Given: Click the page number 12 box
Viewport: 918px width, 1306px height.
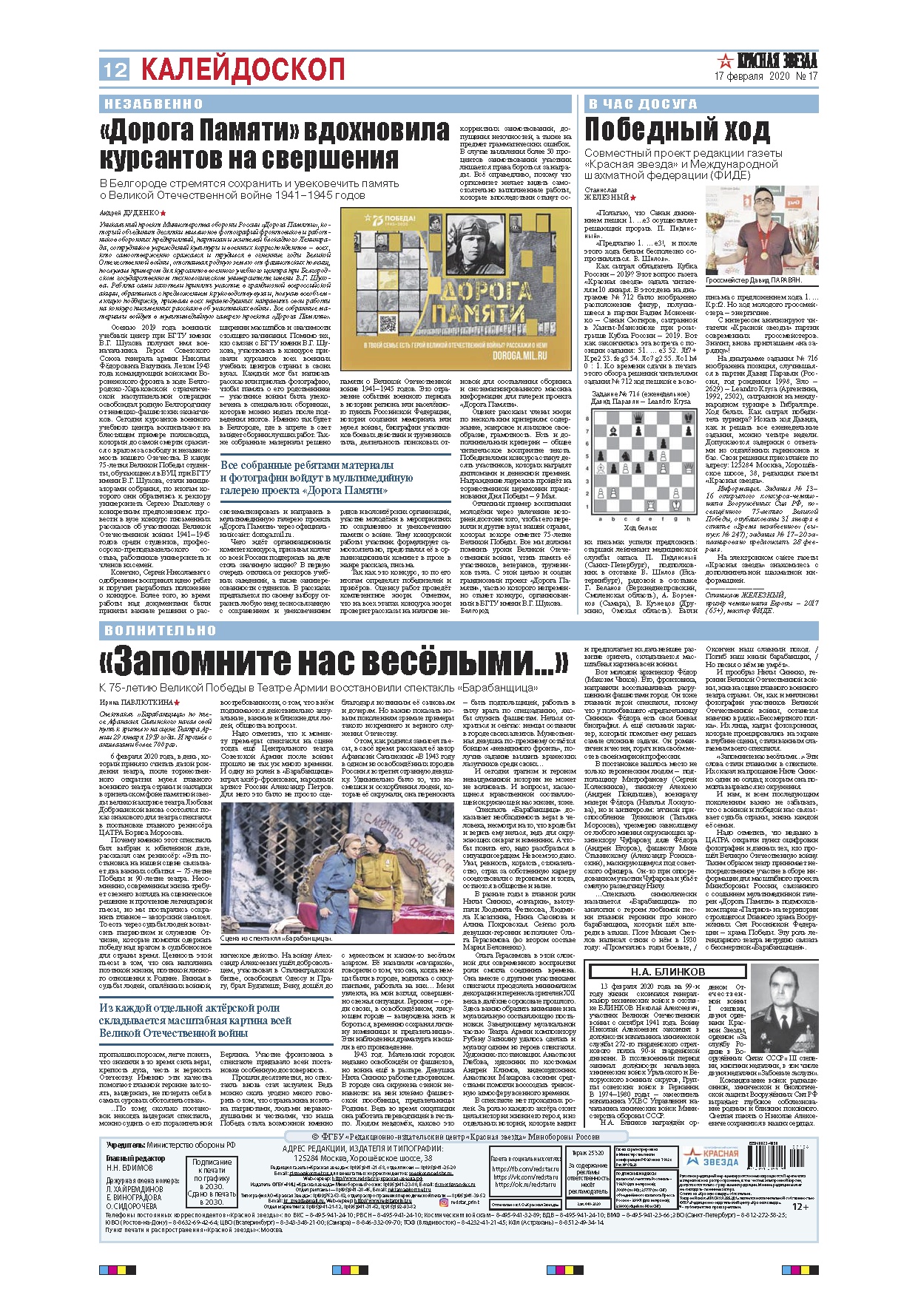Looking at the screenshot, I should [x=115, y=70].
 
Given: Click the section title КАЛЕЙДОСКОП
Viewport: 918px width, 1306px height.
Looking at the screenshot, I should [x=243, y=70].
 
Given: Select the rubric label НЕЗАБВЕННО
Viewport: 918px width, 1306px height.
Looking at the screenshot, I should [x=153, y=104].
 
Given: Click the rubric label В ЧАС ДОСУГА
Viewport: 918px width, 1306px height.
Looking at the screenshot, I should [x=642, y=104].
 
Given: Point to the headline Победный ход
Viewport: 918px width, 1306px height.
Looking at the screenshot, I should [x=677, y=130].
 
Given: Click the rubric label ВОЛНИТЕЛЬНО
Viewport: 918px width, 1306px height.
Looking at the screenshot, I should [x=160, y=631].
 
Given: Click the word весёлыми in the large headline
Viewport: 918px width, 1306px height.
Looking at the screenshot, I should [x=433, y=660].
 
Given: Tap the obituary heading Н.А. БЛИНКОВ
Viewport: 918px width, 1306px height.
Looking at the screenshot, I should [x=667, y=972].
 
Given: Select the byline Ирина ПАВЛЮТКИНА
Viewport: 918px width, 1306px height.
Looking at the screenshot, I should [x=137, y=702].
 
